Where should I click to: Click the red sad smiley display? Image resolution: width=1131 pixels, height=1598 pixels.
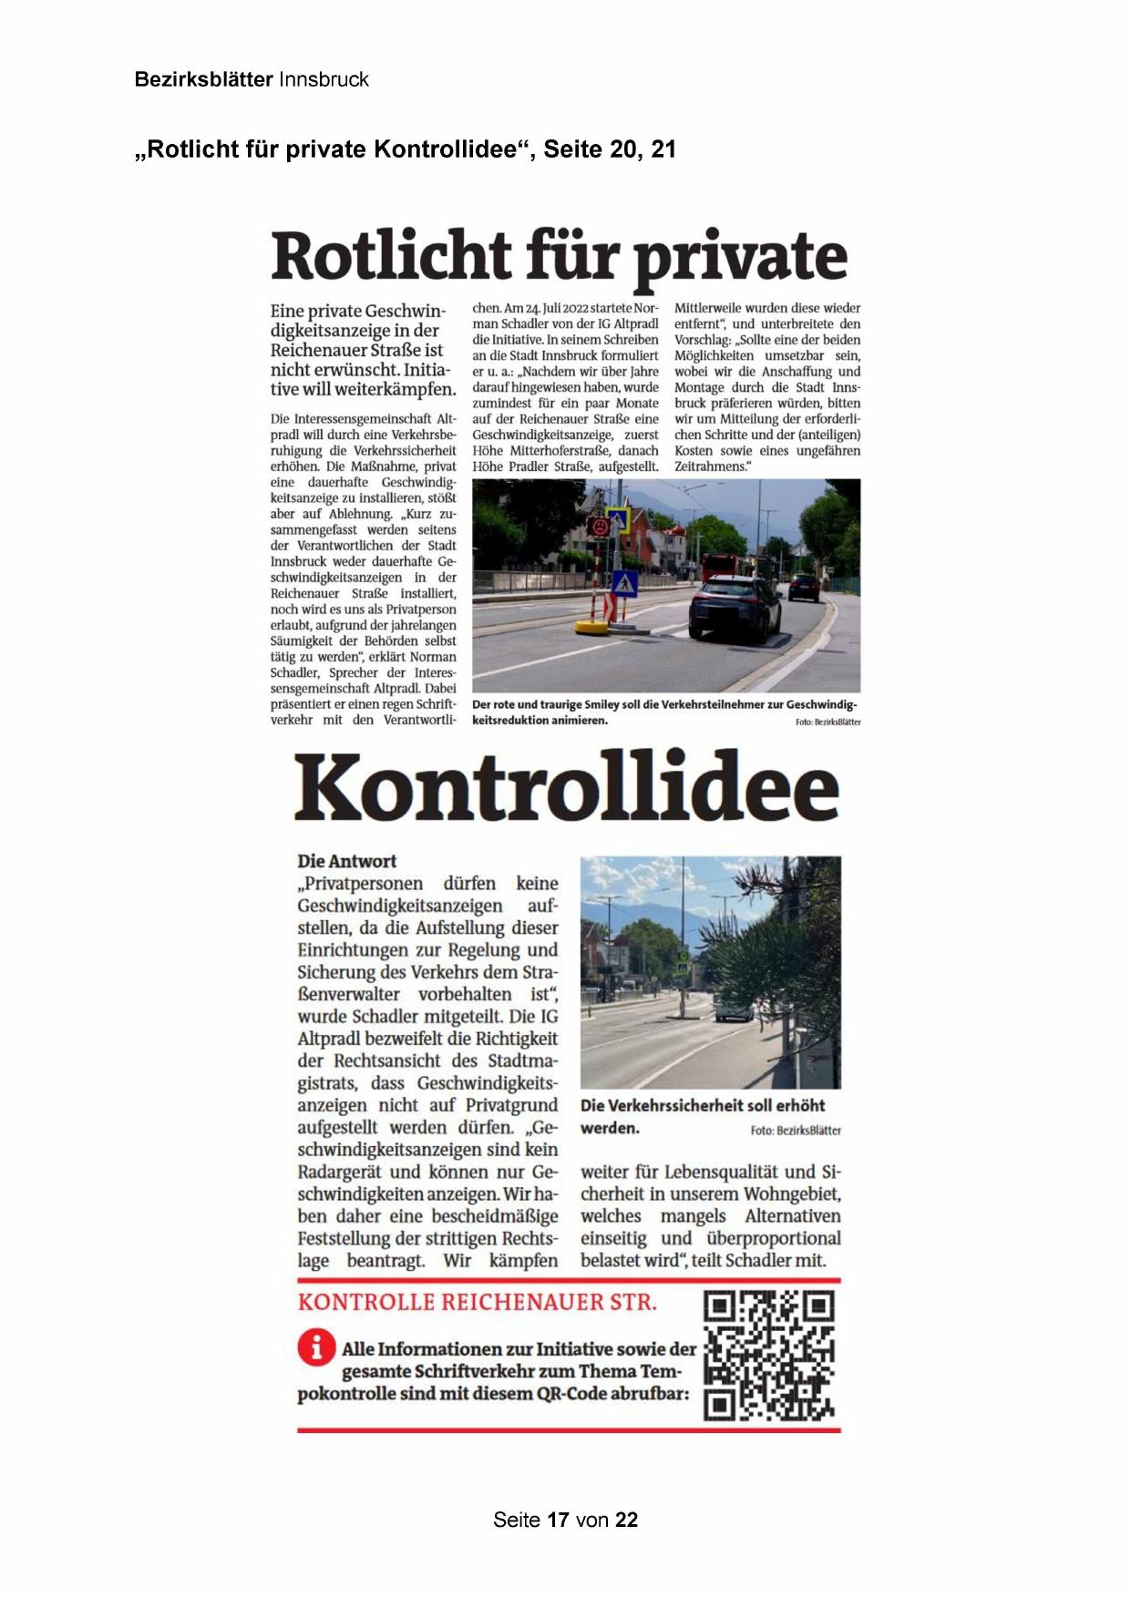[x=601, y=527]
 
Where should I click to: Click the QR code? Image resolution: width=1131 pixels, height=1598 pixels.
[x=770, y=1356]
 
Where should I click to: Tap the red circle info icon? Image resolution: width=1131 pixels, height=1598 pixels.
[x=315, y=1347]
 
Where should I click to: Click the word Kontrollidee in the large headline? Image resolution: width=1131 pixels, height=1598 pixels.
[x=566, y=787]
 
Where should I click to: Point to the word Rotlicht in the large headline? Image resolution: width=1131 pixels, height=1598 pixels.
[x=391, y=256]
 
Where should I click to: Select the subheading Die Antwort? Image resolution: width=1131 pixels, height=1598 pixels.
[x=346, y=861]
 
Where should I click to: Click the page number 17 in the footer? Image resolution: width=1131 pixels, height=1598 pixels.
[x=558, y=1520]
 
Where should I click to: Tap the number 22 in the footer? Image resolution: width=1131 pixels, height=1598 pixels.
[x=626, y=1520]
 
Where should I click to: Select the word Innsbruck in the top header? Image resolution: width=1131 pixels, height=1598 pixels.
[x=324, y=79]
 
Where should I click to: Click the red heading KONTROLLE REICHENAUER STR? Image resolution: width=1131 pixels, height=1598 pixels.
[x=477, y=1302]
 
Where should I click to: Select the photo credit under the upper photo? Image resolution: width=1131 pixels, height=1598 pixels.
[x=828, y=722]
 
